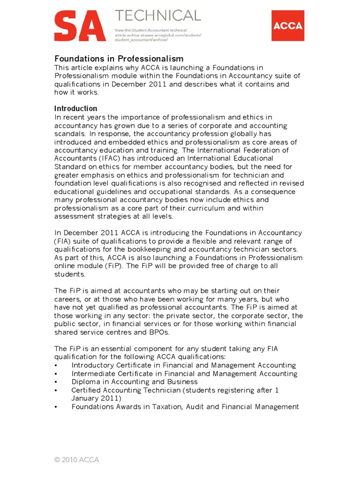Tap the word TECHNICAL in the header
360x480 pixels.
(158, 16)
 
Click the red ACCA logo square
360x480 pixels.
(287, 25)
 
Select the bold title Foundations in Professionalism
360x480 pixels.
(119, 59)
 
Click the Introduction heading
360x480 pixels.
(76, 109)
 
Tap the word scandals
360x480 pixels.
(70, 134)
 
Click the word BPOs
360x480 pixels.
(157, 332)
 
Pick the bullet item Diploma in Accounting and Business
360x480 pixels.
(135, 382)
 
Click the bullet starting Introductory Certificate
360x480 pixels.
(183, 365)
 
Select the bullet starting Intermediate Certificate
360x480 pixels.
(184, 374)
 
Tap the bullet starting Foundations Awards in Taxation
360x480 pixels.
(185, 407)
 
